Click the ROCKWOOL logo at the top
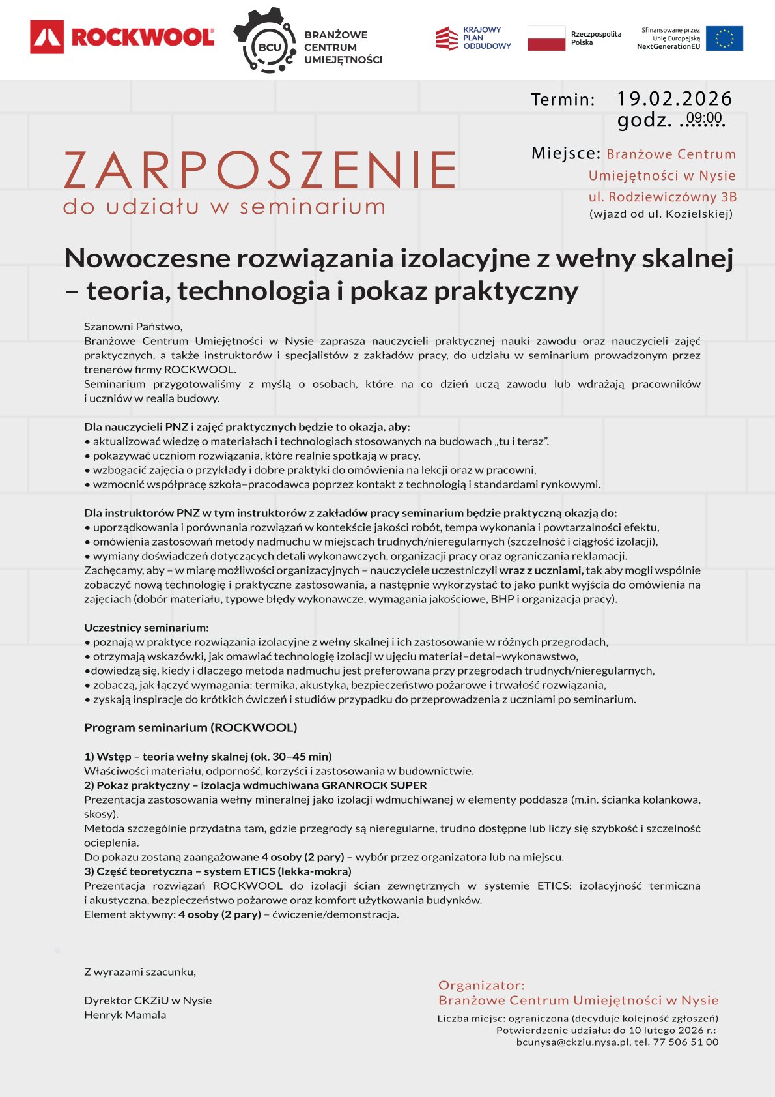[x=122, y=37]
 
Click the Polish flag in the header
[x=546, y=38]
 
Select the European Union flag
[x=724, y=38]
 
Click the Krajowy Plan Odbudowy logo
[x=473, y=38]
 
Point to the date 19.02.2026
[x=674, y=98]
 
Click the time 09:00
[x=704, y=118]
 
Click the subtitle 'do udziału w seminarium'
[x=224, y=207]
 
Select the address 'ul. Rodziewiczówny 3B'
[x=662, y=197]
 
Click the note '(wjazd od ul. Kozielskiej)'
[x=661, y=214]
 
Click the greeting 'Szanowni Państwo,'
[x=134, y=327]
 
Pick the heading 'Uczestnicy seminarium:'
[x=147, y=628]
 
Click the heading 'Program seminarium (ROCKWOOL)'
[x=190, y=727]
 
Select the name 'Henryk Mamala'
[x=125, y=1015]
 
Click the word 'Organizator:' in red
[x=481, y=985]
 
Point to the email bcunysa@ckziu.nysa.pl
[x=572, y=1042]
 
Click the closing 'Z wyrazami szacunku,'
[x=140, y=972]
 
